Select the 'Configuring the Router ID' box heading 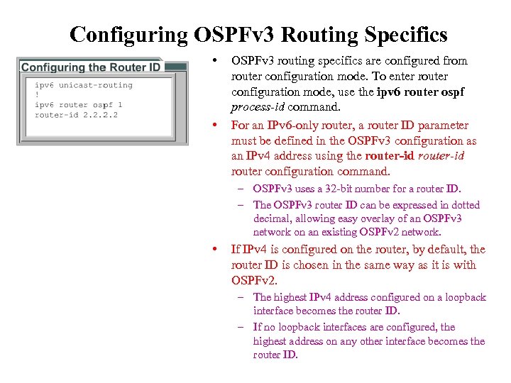(91, 67)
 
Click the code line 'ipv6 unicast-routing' (84, 85)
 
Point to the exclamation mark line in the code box (37, 95)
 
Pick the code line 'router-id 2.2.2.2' (76, 114)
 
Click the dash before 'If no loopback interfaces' (241, 327)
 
